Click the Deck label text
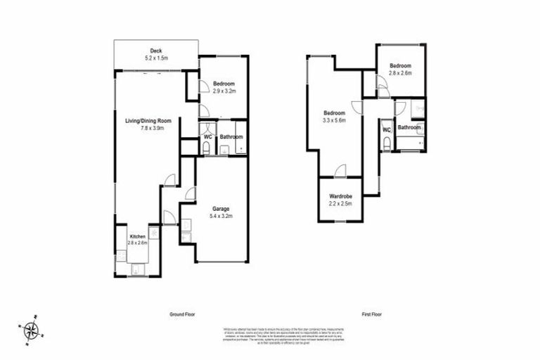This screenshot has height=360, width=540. [x=156, y=50]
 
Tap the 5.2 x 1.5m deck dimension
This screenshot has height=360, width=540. [x=156, y=58]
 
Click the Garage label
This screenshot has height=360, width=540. [x=222, y=209]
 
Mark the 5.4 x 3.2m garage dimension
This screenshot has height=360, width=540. [x=222, y=217]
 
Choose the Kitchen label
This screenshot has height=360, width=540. [x=137, y=236]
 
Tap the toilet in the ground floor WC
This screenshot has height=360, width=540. [x=205, y=148]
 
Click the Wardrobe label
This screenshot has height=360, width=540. [x=340, y=196]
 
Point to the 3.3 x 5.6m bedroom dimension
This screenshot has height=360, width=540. [x=335, y=121]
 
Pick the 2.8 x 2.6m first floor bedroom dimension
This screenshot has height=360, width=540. [x=400, y=72]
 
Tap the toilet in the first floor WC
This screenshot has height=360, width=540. [x=387, y=143]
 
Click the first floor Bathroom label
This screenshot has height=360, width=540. [x=409, y=128]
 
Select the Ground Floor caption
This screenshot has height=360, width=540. [x=183, y=314]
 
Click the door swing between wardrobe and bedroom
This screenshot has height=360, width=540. [x=340, y=169]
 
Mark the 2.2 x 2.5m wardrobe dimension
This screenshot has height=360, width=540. [x=340, y=204]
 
